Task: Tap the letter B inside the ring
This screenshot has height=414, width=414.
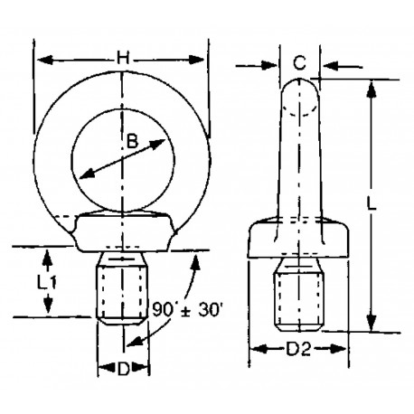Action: pyautogui.click(x=132, y=141)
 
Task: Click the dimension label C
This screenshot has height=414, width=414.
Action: pyautogui.click(x=300, y=64)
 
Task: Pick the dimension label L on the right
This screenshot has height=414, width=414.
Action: pyautogui.click(x=384, y=204)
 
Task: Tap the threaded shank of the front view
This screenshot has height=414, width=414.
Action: pyautogui.click(x=120, y=288)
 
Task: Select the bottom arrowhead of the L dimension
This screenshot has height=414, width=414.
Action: pyautogui.click(x=372, y=328)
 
